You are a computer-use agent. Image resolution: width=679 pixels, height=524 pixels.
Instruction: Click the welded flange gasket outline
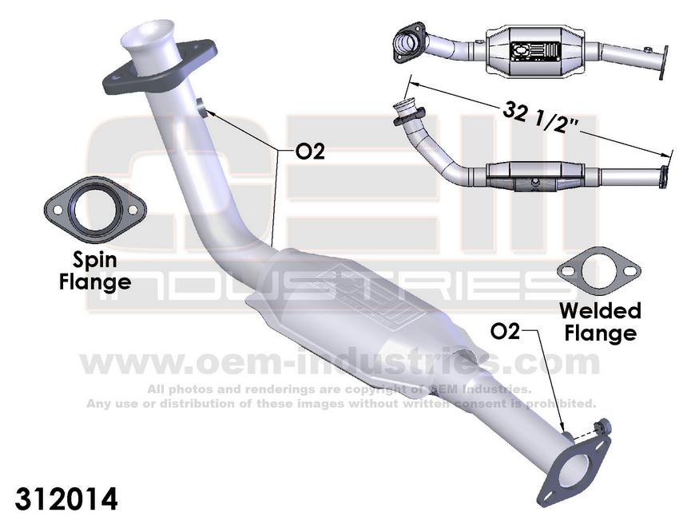[598, 272]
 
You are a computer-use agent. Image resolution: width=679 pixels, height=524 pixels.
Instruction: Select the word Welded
[599, 311]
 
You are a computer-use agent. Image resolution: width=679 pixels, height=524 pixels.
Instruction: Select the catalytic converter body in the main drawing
[359, 299]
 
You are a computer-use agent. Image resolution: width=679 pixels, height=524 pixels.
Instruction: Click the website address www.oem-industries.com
[339, 362]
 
